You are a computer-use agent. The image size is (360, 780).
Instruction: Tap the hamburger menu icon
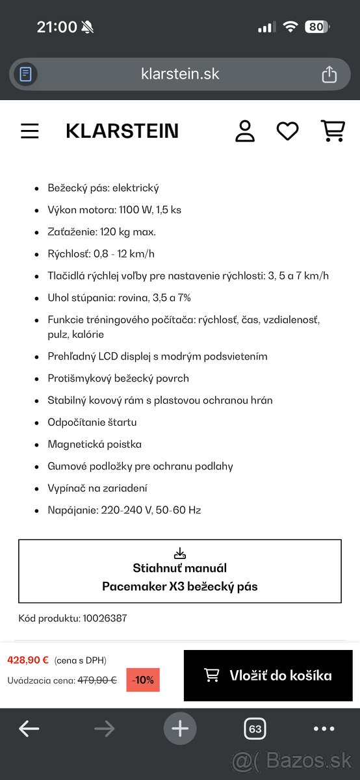tap(30, 131)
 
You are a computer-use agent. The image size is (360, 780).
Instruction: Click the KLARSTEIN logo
tap(122, 131)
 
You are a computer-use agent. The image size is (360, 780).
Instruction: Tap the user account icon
tap(245, 131)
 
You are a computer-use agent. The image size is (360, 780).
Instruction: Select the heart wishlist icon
tap(287, 131)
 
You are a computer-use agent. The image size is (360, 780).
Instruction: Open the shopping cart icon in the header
tap(333, 131)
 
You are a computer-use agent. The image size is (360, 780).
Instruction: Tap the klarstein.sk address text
tap(180, 74)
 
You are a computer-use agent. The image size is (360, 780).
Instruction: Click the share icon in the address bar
tap(329, 74)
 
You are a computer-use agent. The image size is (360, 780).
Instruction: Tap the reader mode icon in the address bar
tap(26, 74)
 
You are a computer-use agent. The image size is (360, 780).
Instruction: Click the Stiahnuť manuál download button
tap(180, 571)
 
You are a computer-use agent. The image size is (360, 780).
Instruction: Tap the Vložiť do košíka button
tap(268, 675)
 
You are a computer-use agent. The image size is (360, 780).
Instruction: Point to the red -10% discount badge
tap(142, 680)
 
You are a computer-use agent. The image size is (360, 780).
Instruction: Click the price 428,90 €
tap(28, 660)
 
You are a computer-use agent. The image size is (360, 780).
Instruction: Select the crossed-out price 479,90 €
tap(97, 681)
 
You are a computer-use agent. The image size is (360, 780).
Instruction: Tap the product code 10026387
tap(105, 618)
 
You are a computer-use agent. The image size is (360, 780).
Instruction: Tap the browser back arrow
tap(29, 729)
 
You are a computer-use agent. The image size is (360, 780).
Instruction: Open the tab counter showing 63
tap(255, 729)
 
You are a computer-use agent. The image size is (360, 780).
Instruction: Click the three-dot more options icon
tap(324, 729)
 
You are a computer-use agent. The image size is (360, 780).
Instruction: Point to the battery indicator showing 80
tap(316, 27)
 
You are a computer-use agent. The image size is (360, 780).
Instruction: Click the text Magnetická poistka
tap(94, 445)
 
